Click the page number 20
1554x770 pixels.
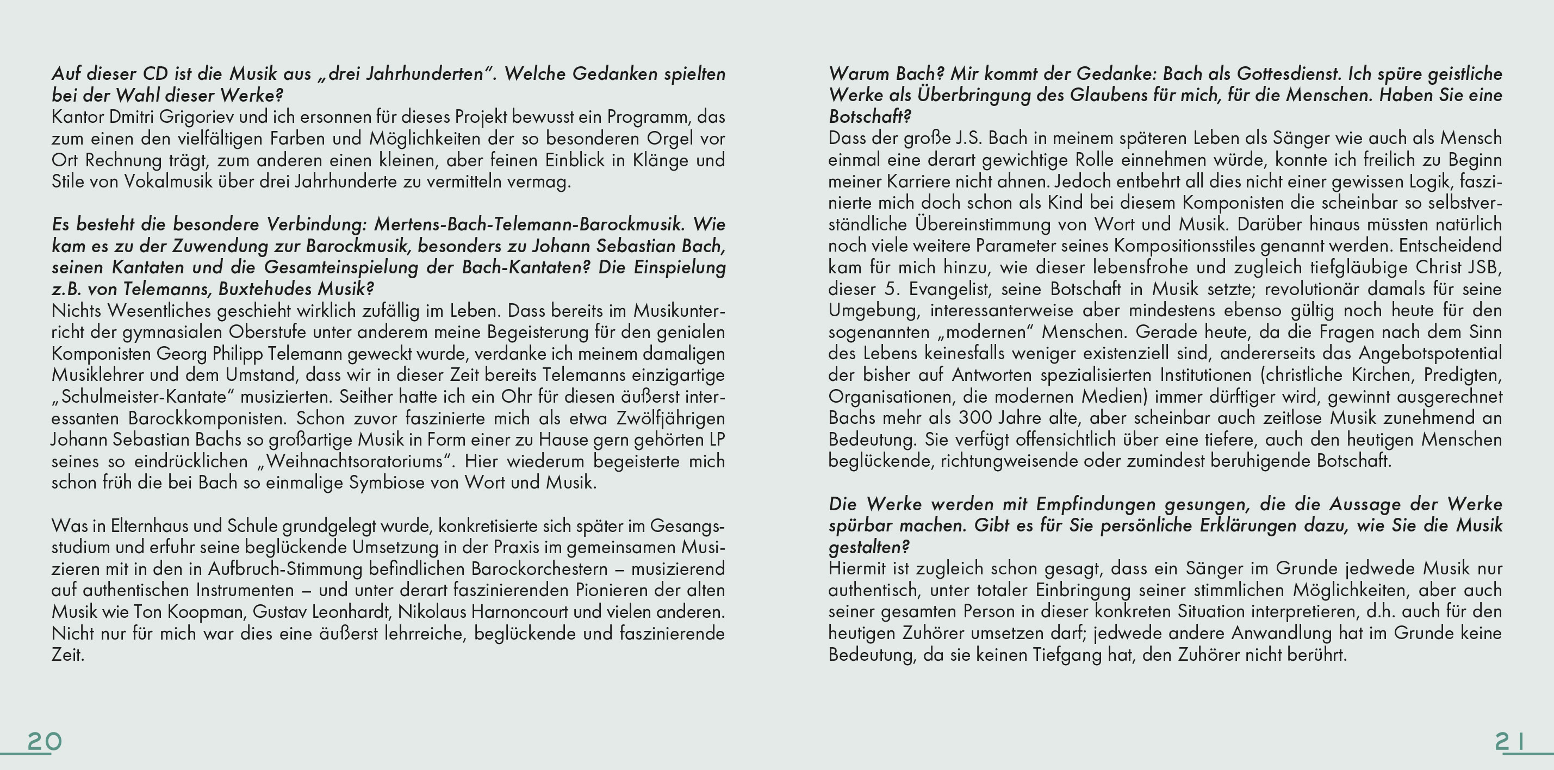click(44, 741)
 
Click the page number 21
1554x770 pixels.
click(1509, 741)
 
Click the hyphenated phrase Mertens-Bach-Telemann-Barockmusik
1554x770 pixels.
click(529, 224)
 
